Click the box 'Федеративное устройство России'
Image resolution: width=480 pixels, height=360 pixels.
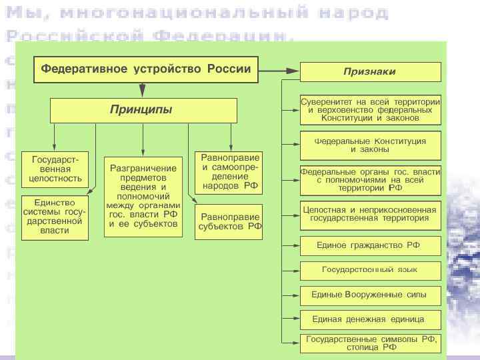pos(146,69)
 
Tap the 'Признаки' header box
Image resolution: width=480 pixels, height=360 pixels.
pos(370,71)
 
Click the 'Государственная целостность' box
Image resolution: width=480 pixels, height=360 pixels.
pos(54,169)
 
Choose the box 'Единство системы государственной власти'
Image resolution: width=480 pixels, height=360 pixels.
pos(54,217)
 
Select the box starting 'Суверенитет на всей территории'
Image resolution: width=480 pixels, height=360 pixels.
pos(370,109)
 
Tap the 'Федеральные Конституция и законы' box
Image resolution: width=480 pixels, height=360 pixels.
pos(370,145)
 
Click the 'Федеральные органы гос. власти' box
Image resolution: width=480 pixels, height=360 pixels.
pos(370,179)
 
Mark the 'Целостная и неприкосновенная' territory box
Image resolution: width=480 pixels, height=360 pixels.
pos(370,214)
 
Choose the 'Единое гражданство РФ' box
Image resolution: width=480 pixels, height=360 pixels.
pos(370,245)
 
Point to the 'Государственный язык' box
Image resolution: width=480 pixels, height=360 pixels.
pos(370,270)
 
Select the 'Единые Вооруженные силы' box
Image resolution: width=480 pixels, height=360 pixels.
pos(370,294)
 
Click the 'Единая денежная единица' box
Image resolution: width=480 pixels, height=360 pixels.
pos(370,319)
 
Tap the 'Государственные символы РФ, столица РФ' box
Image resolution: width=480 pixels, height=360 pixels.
pos(370,343)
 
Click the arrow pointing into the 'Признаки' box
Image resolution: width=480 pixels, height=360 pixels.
pos(292,69)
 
